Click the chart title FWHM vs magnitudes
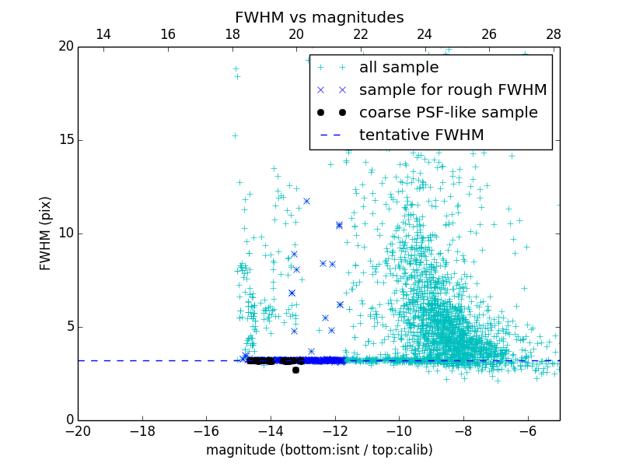pyautogui.click(x=319, y=17)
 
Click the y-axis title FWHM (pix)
pyautogui.click(x=45, y=233)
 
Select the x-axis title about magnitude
pyautogui.click(x=319, y=450)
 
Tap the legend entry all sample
pyautogui.click(x=398, y=68)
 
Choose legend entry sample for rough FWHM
pyautogui.click(x=453, y=90)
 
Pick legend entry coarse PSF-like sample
pyautogui.click(x=448, y=113)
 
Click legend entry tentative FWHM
pyautogui.click(x=421, y=135)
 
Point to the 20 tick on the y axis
pyautogui.click(x=65, y=47)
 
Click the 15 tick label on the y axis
pyautogui.click(x=65, y=140)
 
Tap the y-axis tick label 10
pyautogui.click(x=65, y=233)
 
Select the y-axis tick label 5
pyautogui.click(x=68, y=327)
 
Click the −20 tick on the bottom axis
pyautogui.click(x=78, y=430)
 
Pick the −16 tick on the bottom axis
pyautogui.click(x=206, y=430)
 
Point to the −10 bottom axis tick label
pyautogui.click(x=399, y=430)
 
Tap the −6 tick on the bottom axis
pyautogui.click(x=527, y=430)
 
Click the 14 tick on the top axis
pyautogui.click(x=103, y=34)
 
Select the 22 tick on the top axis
pyautogui.click(x=361, y=34)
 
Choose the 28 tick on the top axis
pyautogui.click(x=554, y=34)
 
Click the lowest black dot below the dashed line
pyautogui.click(x=295, y=370)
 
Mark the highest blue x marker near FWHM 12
pyautogui.click(x=306, y=201)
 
